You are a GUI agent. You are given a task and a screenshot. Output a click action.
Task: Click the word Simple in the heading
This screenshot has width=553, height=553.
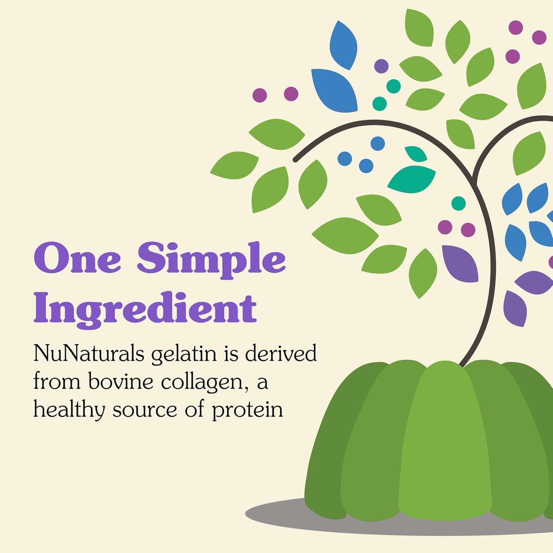[x=211, y=258]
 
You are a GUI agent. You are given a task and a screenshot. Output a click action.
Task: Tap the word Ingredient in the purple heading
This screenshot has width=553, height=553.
[x=145, y=308]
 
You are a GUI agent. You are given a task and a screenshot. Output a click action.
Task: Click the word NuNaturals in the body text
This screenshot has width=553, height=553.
[x=88, y=353]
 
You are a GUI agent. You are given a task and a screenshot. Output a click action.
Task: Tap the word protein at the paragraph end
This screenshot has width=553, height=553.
[x=247, y=410]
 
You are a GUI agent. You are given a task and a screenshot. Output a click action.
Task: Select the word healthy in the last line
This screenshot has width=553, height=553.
[x=69, y=410]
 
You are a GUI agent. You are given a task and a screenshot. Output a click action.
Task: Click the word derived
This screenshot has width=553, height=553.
[x=281, y=353]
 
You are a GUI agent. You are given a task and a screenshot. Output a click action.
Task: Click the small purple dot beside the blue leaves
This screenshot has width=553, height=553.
[x=381, y=66]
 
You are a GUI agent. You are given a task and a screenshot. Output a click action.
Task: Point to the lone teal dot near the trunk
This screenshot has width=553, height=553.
[x=458, y=203]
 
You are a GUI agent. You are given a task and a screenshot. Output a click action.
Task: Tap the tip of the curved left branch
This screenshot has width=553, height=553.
[x=295, y=160]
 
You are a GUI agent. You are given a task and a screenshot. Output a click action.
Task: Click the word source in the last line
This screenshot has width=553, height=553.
[x=145, y=410]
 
